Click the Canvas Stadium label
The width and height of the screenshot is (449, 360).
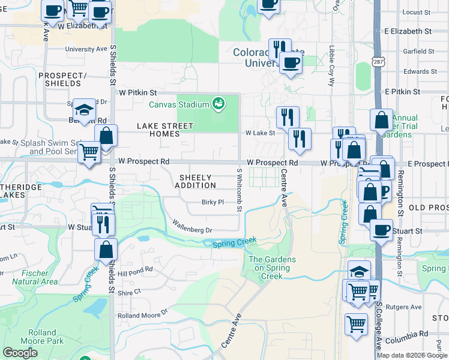coord(179,105)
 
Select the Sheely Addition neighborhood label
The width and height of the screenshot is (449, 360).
coord(195,181)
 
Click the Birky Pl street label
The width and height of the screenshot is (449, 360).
coord(212,202)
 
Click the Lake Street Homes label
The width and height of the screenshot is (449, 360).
coord(165,130)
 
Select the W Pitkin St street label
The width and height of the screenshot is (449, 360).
coord(137,93)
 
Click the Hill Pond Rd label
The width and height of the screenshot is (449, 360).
coord(135,272)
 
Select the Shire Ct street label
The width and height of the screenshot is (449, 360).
coord(129,292)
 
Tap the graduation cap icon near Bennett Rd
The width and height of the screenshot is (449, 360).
coord(84,110)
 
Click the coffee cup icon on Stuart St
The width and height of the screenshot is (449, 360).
coord(381,230)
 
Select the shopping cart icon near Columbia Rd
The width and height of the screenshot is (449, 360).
coord(356,324)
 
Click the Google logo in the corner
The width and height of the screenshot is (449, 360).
coord(20,353)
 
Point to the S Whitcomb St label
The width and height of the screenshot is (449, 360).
coord(239,190)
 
